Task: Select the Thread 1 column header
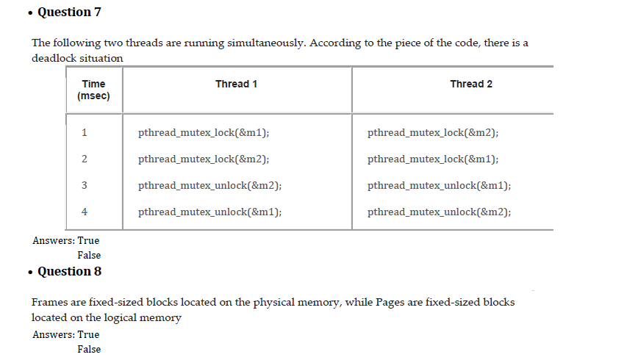coord(236,84)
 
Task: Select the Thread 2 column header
coord(471,84)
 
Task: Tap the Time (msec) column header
coord(93,90)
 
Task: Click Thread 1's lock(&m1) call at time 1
coord(204,133)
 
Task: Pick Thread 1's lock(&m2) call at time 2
coord(204,159)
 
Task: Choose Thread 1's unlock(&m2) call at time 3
coord(210,186)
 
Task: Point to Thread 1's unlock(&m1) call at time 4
coord(210,212)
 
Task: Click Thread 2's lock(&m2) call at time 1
coord(433,133)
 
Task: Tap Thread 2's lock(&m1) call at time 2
coord(433,159)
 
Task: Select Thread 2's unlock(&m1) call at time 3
coord(440,186)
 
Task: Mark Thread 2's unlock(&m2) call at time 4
coord(440,212)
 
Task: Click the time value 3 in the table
coord(85,186)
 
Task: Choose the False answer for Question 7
coord(89,255)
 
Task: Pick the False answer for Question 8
coord(89,349)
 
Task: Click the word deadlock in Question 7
coord(54,58)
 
